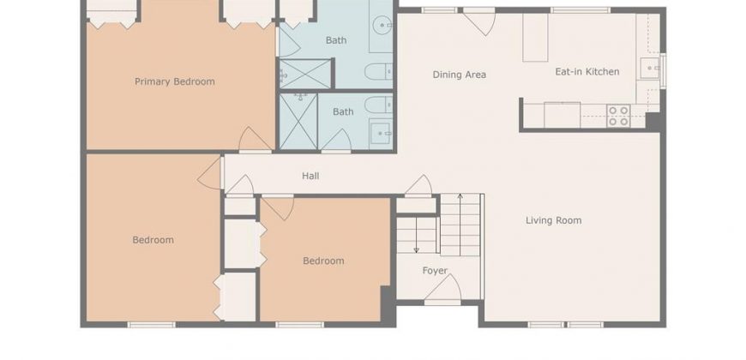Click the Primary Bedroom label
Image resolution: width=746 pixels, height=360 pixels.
(x=175, y=81)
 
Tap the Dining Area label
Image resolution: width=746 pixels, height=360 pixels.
(x=459, y=75)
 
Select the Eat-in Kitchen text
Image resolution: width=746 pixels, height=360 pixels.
(x=587, y=72)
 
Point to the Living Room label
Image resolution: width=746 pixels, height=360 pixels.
(x=553, y=220)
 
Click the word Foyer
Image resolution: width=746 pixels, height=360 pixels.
(x=435, y=271)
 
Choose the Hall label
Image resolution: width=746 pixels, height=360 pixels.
(x=310, y=176)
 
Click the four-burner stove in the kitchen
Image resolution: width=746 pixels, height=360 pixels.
(x=618, y=116)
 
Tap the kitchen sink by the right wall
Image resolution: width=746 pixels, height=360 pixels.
(x=650, y=68)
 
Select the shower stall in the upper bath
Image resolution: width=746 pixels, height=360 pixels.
(x=304, y=74)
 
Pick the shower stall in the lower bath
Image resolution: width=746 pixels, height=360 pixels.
(x=298, y=121)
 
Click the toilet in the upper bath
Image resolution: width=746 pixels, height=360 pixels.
(x=379, y=72)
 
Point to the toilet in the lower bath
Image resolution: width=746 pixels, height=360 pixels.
(x=379, y=105)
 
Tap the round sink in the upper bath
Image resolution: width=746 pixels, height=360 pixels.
(x=382, y=25)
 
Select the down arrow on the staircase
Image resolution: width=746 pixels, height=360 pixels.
(x=416, y=235)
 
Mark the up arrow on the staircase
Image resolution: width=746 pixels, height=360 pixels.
(x=460, y=225)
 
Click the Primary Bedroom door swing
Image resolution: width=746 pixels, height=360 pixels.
(x=255, y=140)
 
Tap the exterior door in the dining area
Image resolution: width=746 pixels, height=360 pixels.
(x=479, y=22)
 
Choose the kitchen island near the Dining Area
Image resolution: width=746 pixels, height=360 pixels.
(x=535, y=38)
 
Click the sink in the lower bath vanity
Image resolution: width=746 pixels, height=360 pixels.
(x=381, y=133)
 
